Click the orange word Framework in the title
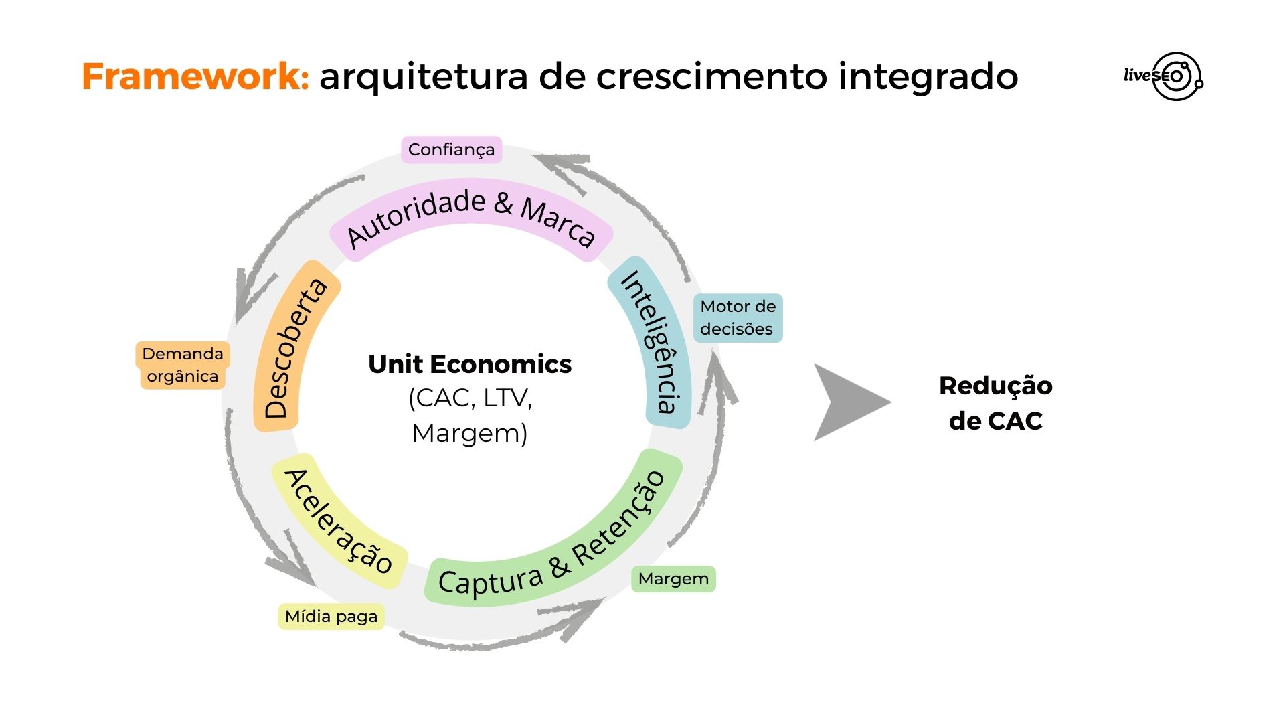pos(195,76)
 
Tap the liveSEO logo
pos(1164,76)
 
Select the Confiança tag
pos(451,149)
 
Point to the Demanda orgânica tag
pos(183,365)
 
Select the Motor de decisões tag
pos(738,318)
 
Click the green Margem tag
pos(673,579)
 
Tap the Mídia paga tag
pos(331,617)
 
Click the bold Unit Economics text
pos(470,364)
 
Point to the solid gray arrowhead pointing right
pos(848,402)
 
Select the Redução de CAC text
pos(995,403)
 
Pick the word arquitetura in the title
pos(424,76)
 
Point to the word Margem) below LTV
pos(470,434)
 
